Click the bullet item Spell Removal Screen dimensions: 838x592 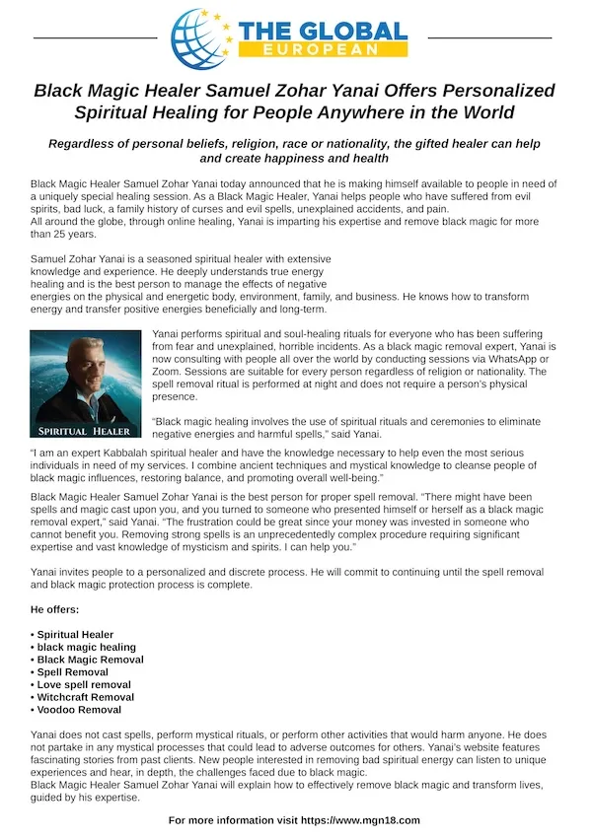[x=75, y=671]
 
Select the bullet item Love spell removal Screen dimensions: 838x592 [x=84, y=684]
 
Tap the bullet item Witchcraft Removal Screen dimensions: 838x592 [x=86, y=696]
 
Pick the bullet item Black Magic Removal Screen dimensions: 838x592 [x=91, y=660]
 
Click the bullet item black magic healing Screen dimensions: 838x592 [x=88, y=647]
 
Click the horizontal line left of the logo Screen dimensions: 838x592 [x=95, y=37]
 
